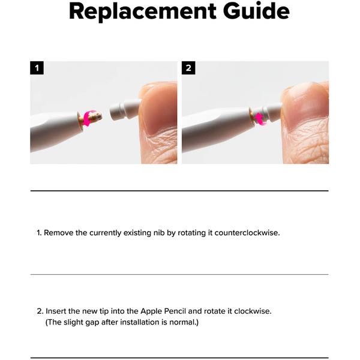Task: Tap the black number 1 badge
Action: click(x=37, y=68)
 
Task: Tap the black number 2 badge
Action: click(x=188, y=68)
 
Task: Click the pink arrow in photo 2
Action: click(x=259, y=117)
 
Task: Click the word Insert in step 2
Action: click(x=58, y=312)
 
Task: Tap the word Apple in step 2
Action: click(x=152, y=312)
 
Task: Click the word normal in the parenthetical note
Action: click(x=181, y=322)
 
